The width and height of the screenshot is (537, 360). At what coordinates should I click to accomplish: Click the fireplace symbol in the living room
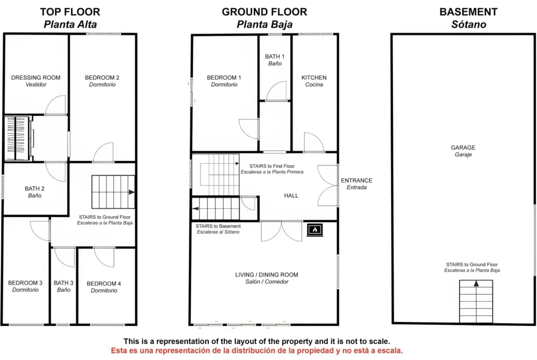[x=315, y=230]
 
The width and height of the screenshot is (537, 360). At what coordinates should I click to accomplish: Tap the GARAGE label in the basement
[x=463, y=148]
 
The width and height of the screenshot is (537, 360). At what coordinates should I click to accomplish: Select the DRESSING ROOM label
[x=36, y=78]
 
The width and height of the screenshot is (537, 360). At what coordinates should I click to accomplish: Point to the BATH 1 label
[x=274, y=56]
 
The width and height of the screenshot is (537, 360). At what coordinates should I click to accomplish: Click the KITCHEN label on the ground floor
[x=314, y=78]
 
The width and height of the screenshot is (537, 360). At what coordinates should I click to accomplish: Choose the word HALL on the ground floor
[x=291, y=195]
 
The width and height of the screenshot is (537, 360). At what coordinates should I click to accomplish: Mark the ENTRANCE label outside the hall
[x=357, y=180]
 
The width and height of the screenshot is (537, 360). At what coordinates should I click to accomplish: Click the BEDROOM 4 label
[x=104, y=284]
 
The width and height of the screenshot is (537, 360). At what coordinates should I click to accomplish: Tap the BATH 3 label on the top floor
[x=63, y=283]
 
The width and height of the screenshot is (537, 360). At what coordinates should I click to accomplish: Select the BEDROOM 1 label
[x=224, y=78]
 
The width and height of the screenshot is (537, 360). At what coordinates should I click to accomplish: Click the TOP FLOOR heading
[x=70, y=12]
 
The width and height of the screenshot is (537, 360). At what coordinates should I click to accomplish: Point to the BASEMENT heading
[x=469, y=12]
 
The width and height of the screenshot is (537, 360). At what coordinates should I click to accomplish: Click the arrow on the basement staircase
[x=476, y=283]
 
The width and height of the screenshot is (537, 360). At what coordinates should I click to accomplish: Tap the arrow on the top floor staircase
[x=132, y=192]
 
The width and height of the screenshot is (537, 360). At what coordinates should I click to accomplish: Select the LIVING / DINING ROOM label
[x=267, y=275]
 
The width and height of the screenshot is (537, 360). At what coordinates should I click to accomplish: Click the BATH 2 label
[x=34, y=188]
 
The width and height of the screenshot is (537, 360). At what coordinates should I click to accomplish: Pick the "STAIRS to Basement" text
[x=218, y=226]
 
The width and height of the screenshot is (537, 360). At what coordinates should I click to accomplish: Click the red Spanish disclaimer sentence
[x=257, y=351]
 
